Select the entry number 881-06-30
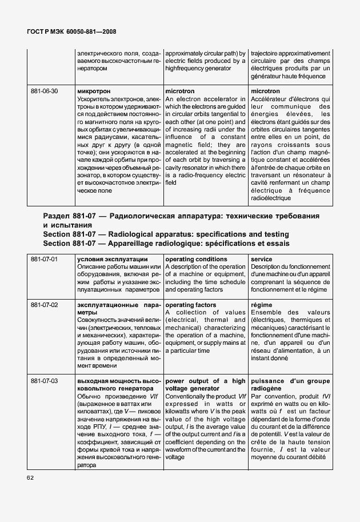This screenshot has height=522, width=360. click(x=45, y=91)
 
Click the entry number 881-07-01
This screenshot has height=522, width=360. click(x=45, y=260)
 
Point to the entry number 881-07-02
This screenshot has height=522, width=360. click(x=45, y=305)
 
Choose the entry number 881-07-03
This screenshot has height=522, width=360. click(x=45, y=381)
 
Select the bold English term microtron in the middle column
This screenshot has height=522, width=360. click(x=179, y=91)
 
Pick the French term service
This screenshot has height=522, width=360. click(x=261, y=260)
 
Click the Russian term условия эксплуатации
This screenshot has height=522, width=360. click(x=112, y=260)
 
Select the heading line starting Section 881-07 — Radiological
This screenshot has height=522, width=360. click(x=166, y=234)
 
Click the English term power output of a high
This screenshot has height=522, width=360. click(x=205, y=381)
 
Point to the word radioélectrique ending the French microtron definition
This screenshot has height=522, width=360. click(x=271, y=198)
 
